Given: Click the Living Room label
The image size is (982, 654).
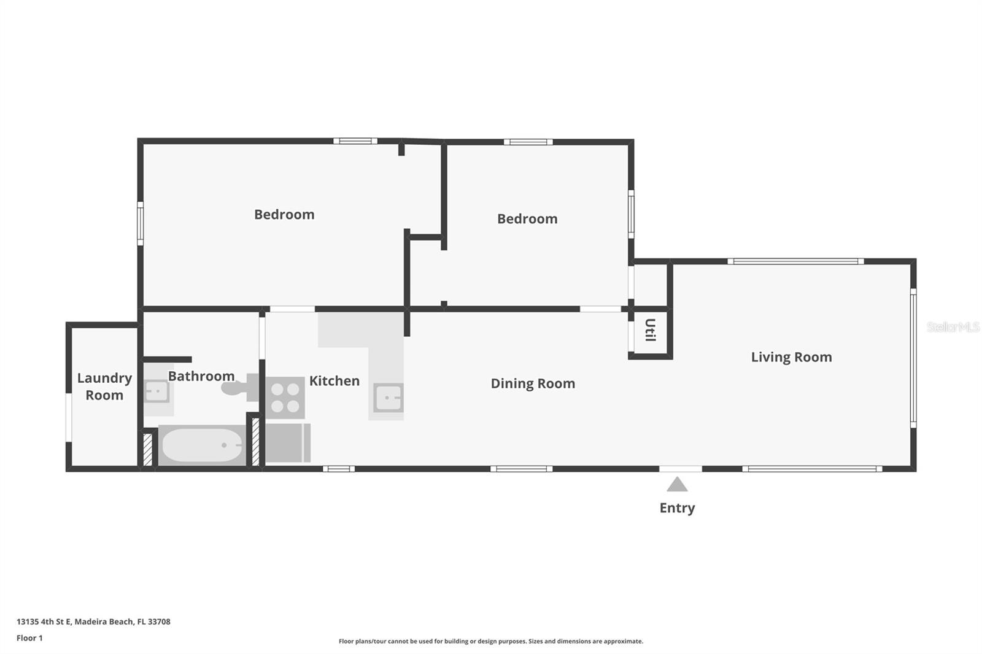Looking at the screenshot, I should pos(791,357).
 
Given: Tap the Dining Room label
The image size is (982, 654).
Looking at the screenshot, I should pos(533,383).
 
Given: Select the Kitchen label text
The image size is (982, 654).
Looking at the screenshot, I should pos(334,381).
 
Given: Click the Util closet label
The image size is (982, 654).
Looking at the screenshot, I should pos(650,330).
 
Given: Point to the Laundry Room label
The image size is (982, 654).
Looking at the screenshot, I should pos(104,387).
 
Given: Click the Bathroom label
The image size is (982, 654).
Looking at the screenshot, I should pos(201,376).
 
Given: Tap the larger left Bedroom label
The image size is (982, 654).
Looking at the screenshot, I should pos(284,215).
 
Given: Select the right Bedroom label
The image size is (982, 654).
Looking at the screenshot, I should pos(527,219).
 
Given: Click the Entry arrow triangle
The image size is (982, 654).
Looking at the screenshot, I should pos(677,485).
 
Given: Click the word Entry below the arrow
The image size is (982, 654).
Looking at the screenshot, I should pos(677,508).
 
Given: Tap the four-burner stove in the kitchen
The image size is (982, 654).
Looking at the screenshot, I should pos(285,398).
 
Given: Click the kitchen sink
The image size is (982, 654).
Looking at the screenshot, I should pos(389,398).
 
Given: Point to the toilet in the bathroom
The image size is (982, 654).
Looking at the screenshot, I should pos(239,387).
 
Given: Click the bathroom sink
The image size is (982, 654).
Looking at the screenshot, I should pos(157,391).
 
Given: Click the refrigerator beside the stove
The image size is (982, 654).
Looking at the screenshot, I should pos(287,442).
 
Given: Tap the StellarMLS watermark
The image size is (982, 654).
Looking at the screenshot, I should pos(953,327).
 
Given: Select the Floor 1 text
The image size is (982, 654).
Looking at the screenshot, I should pos(29,638).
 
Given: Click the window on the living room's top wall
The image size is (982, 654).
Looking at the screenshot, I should pos(795,261).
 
